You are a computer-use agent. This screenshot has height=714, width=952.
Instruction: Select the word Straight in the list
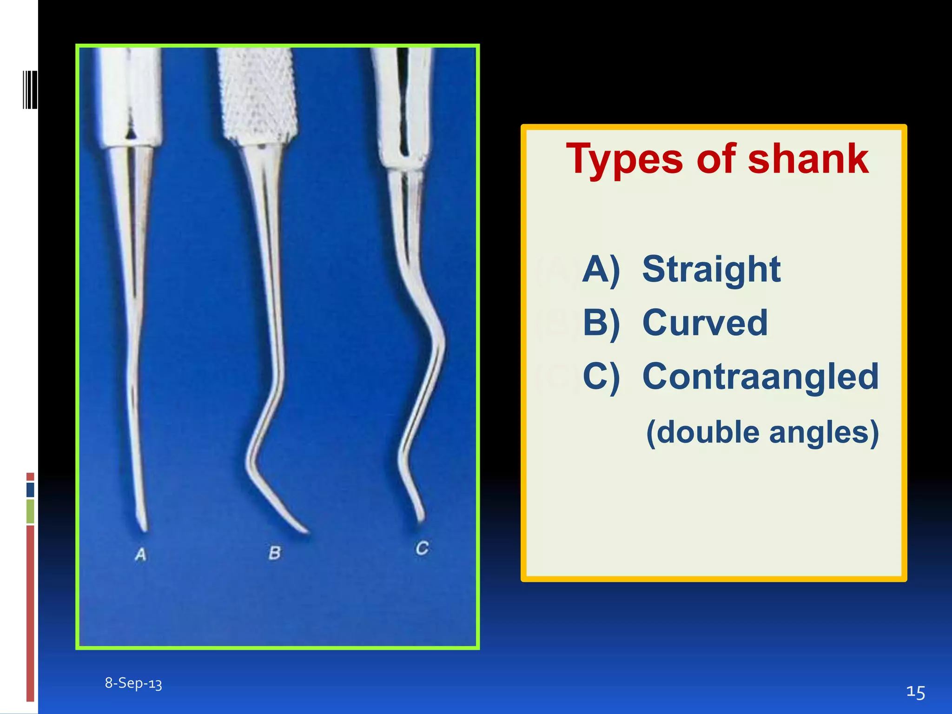click(x=711, y=270)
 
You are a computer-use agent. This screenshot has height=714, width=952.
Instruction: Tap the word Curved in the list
click(x=705, y=323)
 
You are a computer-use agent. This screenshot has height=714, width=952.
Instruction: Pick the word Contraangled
click(x=760, y=377)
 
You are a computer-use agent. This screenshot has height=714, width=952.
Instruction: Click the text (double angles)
click(x=762, y=432)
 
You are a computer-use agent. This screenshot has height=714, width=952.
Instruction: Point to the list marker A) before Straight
click(x=601, y=270)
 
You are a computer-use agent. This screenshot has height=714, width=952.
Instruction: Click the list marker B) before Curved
click(x=601, y=323)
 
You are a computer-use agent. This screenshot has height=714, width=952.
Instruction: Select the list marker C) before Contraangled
click(x=601, y=377)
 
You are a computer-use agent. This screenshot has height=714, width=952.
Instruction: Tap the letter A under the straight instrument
click(x=141, y=554)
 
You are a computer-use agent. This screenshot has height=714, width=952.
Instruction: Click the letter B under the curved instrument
click(x=275, y=553)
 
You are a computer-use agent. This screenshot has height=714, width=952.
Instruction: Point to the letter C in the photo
click(x=422, y=548)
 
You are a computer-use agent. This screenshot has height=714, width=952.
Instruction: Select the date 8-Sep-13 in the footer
click(x=133, y=683)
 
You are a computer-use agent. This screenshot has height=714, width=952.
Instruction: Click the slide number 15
click(x=915, y=692)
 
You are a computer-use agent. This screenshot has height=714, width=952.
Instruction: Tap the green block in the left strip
click(x=30, y=511)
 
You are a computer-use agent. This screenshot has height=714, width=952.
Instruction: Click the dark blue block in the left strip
click(x=30, y=489)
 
